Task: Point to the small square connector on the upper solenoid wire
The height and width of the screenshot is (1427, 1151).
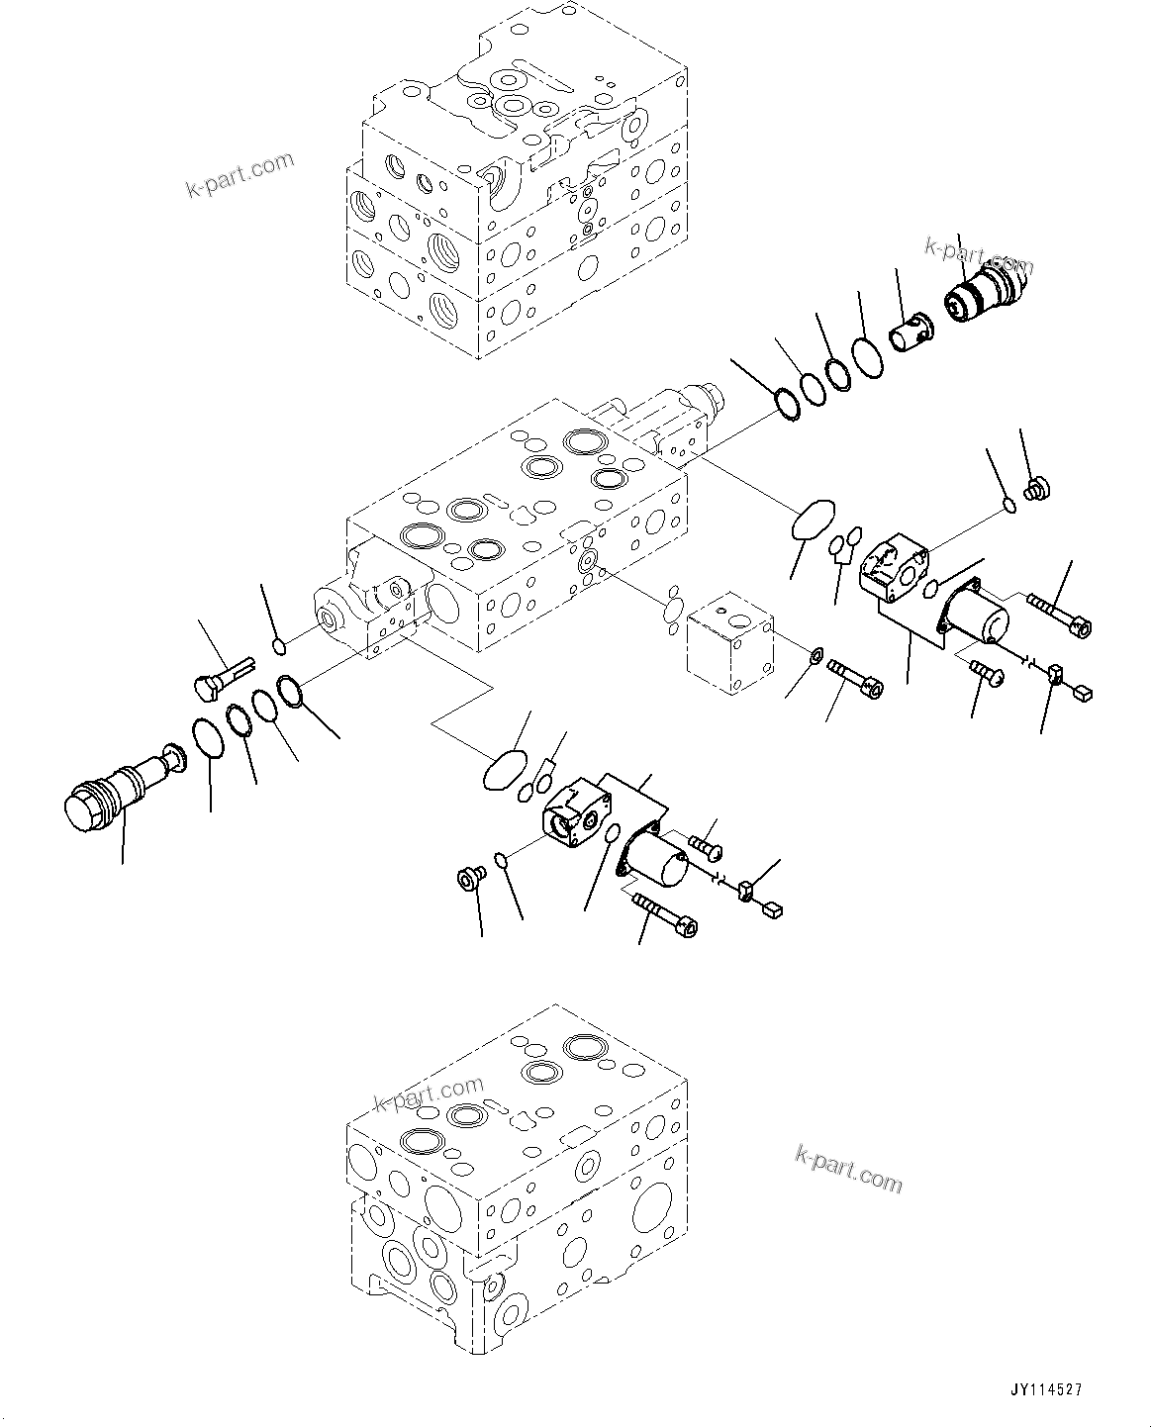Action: click(x=1083, y=693)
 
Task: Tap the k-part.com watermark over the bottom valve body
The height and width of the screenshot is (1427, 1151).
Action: click(x=430, y=1096)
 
